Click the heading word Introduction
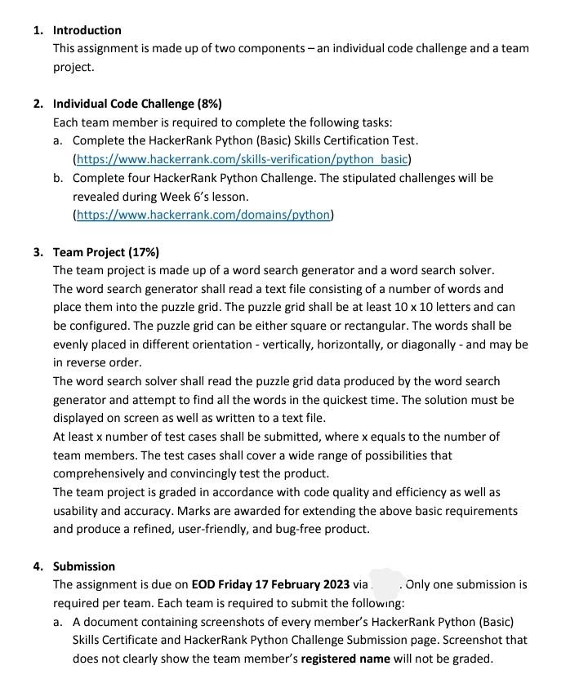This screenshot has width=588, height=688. pyautogui.click(x=87, y=30)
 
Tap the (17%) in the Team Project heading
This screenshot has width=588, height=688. pyautogui.click(x=144, y=252)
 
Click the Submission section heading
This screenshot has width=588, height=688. pyautogui.click(x=84, y=566)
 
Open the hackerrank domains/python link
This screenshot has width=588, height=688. pyautogui.click(x=203, y=215)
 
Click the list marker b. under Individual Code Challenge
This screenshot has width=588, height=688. pyautogui.click(x=58, y=178)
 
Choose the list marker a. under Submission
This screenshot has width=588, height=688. pyautogui.click(x=58, y=622)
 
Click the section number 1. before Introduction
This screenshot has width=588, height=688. pyautogui.click(x=38, y=30)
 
